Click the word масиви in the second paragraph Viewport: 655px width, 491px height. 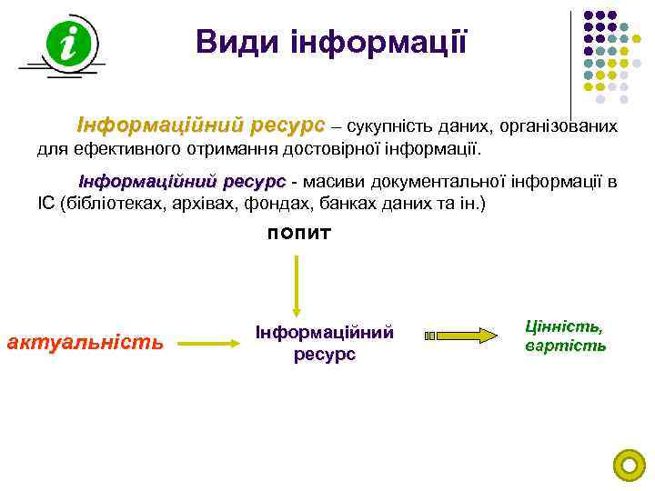click(325, 182)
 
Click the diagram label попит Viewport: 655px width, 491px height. click(299, 234)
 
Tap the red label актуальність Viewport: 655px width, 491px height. click(85, 343)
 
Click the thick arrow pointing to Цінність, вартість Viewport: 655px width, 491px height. click(466, 336)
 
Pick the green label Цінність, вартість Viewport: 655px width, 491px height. click(564, 336)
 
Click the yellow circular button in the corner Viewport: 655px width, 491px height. click(629, 466)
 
